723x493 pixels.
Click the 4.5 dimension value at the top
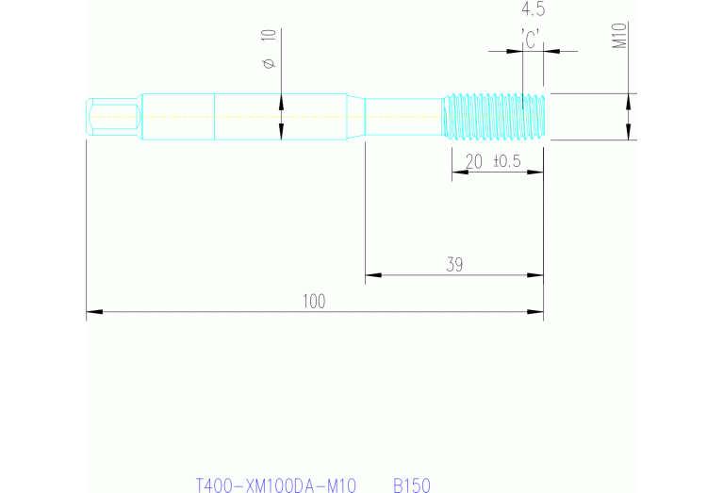pos(533,10)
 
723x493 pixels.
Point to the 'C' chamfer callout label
pos(532,39)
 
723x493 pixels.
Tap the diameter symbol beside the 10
pos(269,63)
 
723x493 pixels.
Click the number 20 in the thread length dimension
pos(473,161)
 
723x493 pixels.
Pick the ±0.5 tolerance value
pos(506,161)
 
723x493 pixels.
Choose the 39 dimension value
pos(453,265)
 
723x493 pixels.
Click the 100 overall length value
pos(314,301)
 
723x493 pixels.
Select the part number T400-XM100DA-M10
pos(275,485)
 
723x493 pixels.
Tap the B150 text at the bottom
pos(411,485)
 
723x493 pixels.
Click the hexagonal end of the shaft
pos(112,117)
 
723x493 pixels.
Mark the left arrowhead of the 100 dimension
pos(93,311)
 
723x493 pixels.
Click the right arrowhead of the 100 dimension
pos(536,311)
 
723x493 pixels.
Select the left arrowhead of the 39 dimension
pos(372,275)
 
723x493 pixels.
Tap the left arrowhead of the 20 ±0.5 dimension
pos(459,173)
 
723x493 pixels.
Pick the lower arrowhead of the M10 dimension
pos(629,133)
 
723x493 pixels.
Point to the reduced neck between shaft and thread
pos(403,117)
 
